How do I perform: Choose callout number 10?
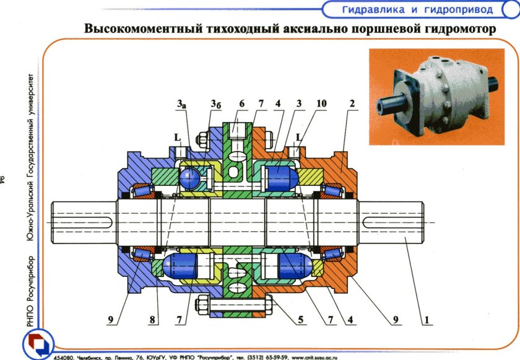tap(241, 105)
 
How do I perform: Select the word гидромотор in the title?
tap(456, 29)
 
